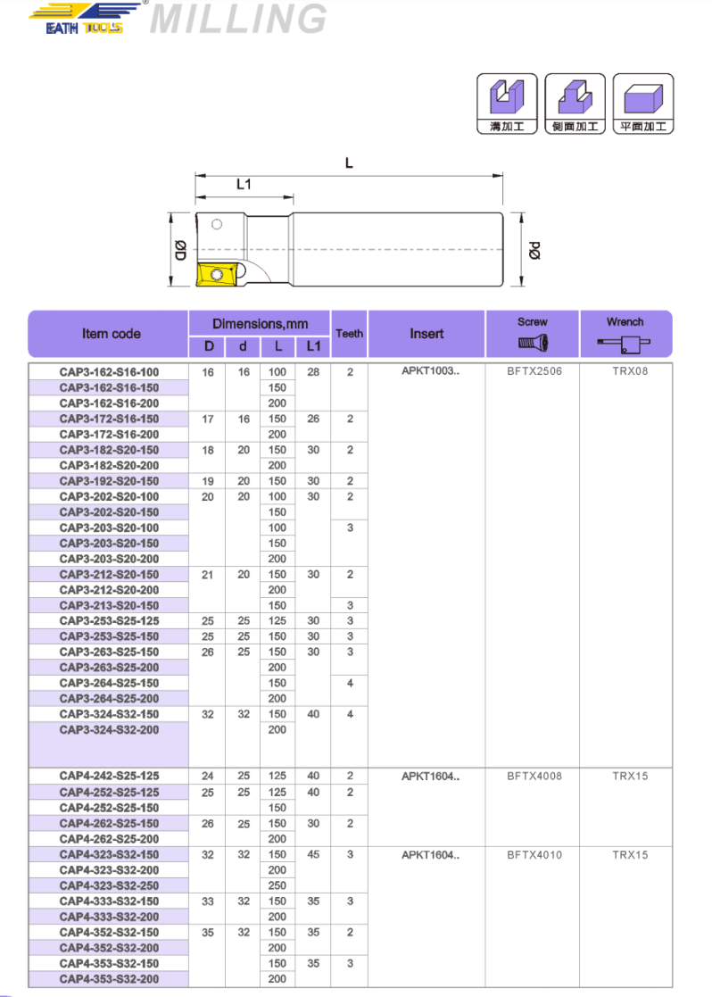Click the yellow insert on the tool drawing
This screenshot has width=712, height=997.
218,275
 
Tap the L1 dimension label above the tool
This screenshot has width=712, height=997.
244,185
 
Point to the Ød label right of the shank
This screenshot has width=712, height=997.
534,250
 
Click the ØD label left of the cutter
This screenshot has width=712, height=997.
180,250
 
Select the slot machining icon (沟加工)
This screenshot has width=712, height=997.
508,104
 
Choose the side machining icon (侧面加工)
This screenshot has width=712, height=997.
575,104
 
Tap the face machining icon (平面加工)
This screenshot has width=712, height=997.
642,104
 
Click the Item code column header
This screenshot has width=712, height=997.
112,334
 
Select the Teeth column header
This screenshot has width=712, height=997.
350,333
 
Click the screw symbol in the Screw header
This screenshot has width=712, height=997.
533,344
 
